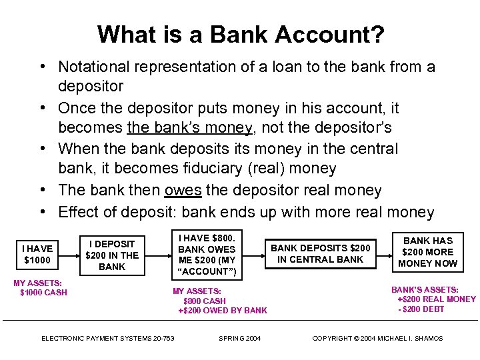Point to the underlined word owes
183,191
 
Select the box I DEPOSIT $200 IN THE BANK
112,255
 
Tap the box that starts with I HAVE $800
207,254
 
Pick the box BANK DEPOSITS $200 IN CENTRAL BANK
320,253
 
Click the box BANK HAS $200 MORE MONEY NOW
428,252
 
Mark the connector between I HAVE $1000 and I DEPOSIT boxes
67,253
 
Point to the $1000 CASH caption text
44,293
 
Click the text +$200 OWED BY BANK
223,310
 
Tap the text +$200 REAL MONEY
437,299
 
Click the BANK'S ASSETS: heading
424,290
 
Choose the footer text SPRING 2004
240,339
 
